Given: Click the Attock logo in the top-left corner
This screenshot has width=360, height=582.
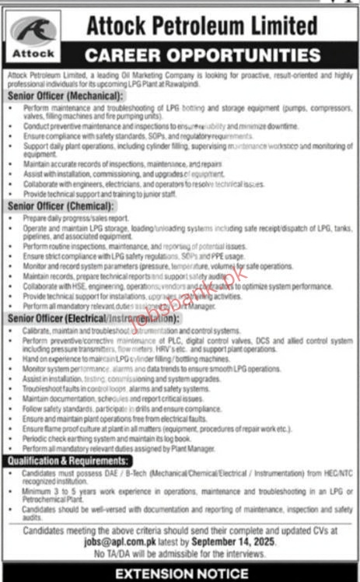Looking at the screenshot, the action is [x=34, y=37].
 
